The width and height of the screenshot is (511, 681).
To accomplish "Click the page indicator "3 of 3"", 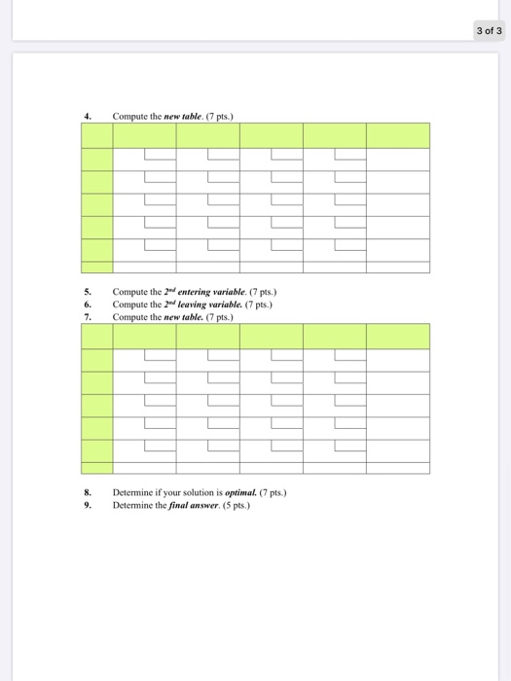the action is coord(489,30).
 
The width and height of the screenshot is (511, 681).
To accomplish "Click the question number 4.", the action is coord(87,117).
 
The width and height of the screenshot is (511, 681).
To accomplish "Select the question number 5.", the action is coord(87,292).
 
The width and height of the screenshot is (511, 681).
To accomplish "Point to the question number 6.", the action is coord(87,305).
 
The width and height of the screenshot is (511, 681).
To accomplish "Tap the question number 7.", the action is coord(87,317).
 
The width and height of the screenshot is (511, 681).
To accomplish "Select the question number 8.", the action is coord(87,492).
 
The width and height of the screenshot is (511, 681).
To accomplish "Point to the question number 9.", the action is coord(87,505).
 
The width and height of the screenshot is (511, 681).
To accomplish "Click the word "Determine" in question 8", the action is coord(132,492).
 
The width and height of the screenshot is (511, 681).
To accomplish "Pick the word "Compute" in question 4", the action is coord(129,117).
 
